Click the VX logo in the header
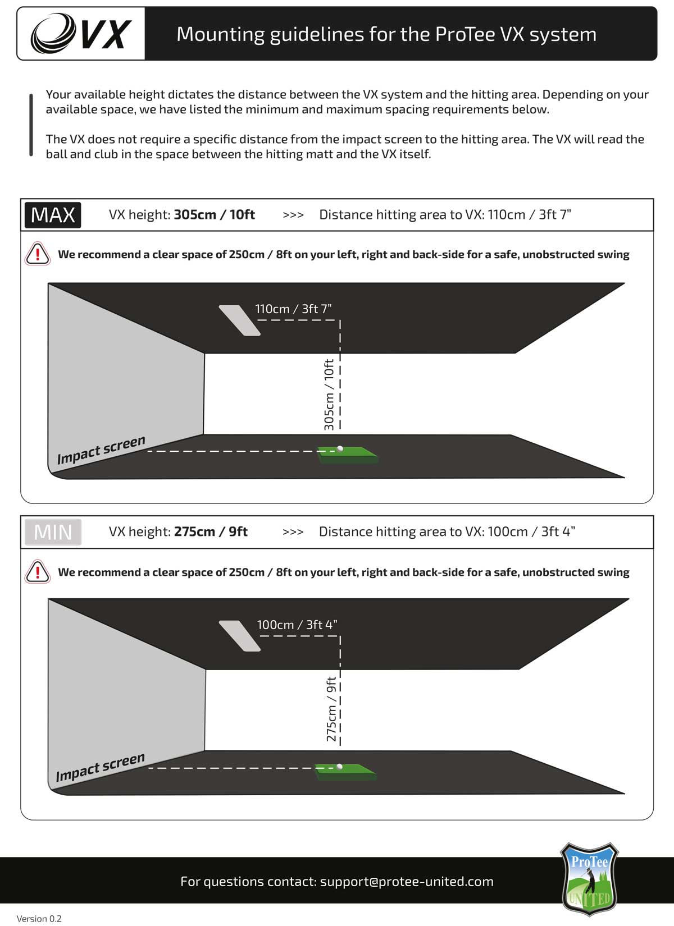point(81,34)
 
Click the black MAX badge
point(53,215)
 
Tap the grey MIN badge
point(53,532)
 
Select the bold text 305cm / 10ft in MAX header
point(214,215)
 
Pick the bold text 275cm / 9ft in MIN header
point(211,532)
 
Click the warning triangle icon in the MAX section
point(38,254)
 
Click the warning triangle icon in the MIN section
point(38,572)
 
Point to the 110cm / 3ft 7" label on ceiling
point(293,309)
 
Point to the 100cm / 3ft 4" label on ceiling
point(297,625)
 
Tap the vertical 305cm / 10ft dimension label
point(329,395)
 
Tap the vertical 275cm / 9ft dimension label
point(331,709)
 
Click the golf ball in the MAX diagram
point(340,448)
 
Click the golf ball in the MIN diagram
point(339,765)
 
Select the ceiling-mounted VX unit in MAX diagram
point(239,320)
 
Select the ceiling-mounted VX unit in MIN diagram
point(239,636)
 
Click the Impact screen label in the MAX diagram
point(101,450)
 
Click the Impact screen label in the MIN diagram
point(100,767)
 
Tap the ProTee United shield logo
point(589,879)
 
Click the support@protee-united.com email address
point(407,881)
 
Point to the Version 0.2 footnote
point(39,918)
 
